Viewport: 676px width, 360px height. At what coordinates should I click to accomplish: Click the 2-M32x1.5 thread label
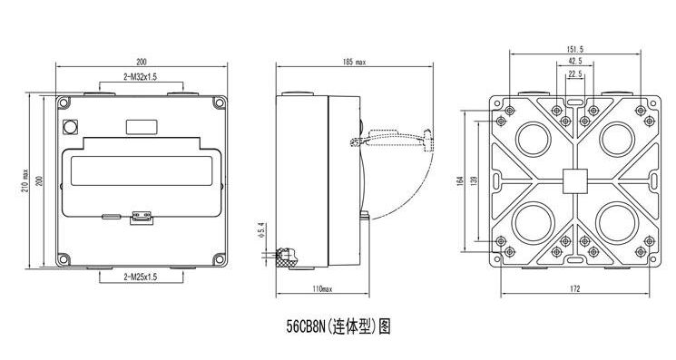coord(140,78)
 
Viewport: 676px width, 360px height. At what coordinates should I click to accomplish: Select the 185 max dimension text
coord(324,63)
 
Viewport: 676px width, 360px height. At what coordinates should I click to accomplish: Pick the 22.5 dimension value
coord(574,74)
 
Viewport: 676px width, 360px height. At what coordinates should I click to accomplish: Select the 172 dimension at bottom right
coord(574,289)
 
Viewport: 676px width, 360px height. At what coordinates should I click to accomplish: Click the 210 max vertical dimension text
coord(24,181)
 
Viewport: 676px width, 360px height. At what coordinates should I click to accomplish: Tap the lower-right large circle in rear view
coord(617,223)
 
